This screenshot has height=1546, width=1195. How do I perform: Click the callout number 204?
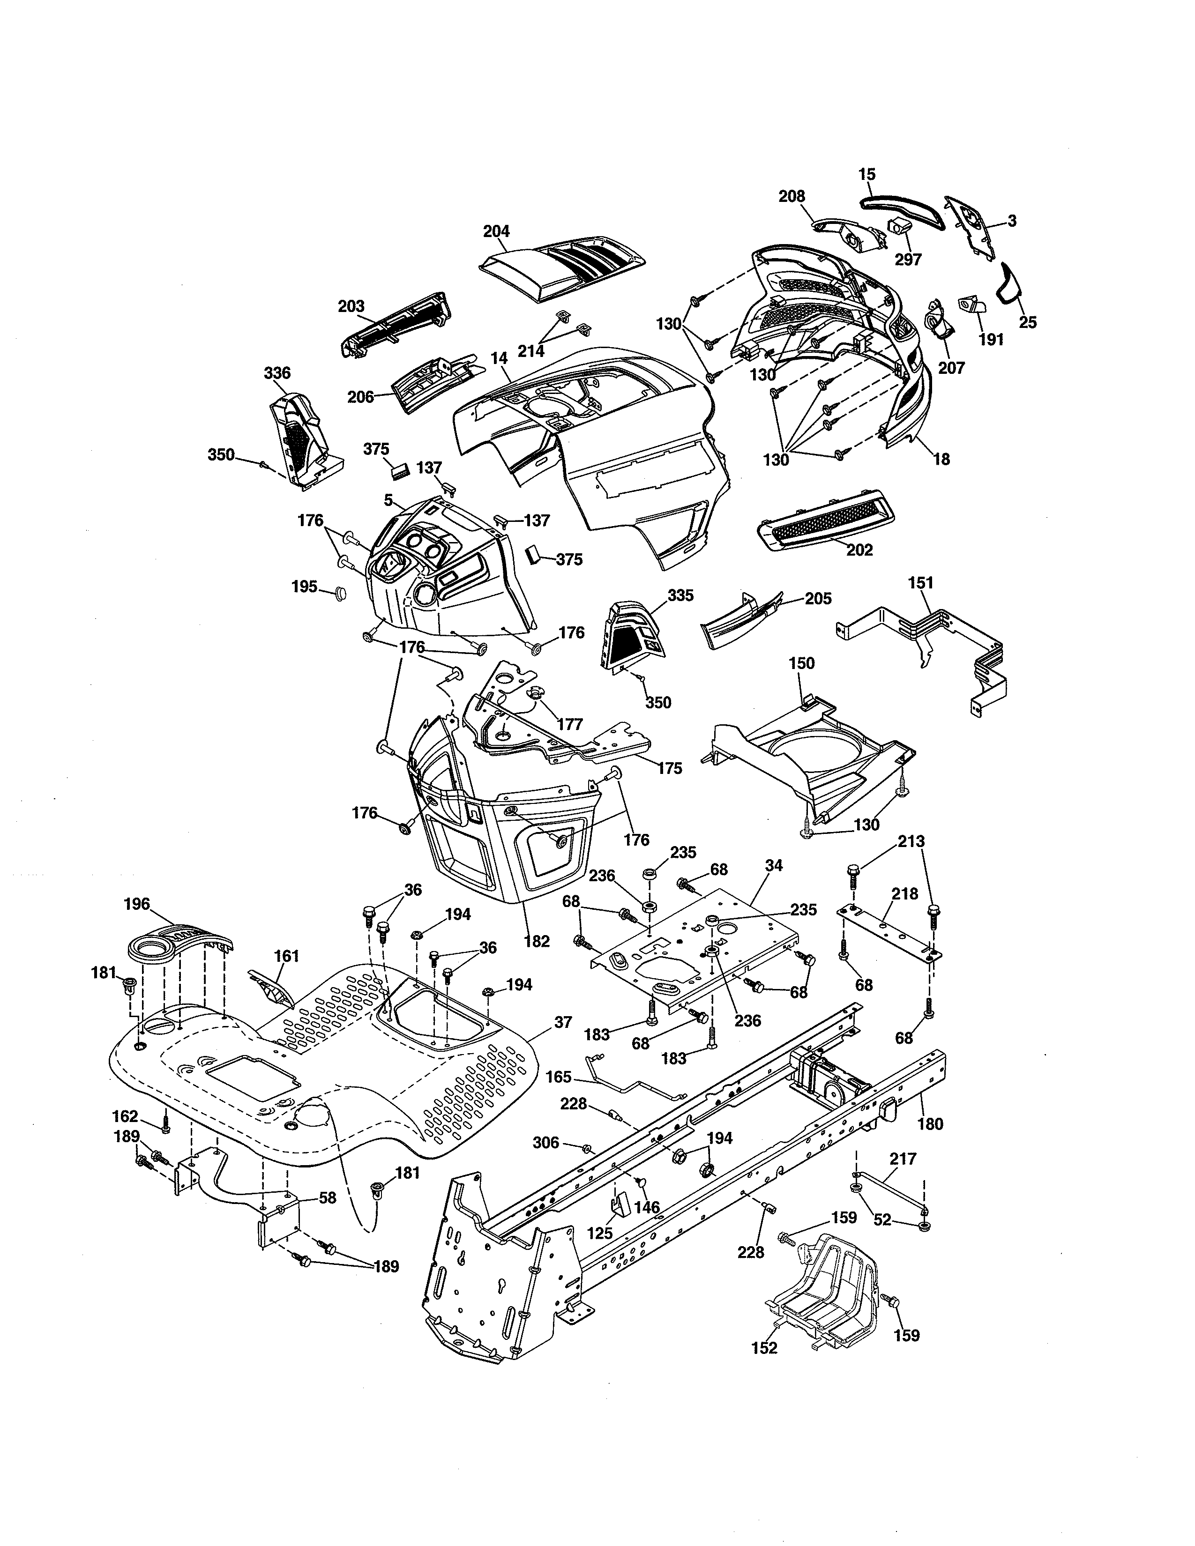tap(496, 231)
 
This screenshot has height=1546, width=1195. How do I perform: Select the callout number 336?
tap(277, 373)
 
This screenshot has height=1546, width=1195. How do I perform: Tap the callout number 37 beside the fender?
tap(563, 1022)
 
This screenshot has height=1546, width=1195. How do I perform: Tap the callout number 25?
tap(1027, 323)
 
